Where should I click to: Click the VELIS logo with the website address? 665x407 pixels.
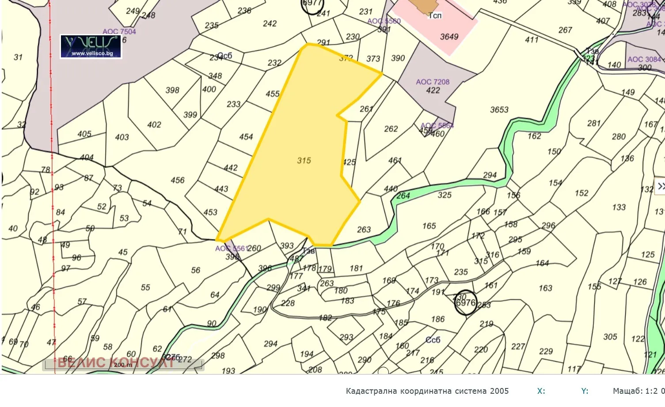pyautogui.click(x=91, y=46)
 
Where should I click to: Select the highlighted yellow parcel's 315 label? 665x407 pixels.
pyautogui.click(x=304, y=161)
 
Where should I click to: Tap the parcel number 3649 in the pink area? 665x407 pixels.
pyautogui.click(x=449, y=37)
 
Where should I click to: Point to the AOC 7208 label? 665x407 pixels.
pyautogui.click(x=432, y=82)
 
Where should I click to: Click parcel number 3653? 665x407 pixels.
pyautogui.click(x=499, y=109)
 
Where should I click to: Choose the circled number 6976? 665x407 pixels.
pyautogui.click(x=466, y=303)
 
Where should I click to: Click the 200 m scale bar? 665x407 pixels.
pyautogui.click(x=123, y=365)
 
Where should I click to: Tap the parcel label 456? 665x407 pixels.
pyautogui.click(x=178, y=180)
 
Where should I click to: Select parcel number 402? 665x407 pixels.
pyautogui.click(x=154, y=125)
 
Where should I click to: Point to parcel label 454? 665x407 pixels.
pyautogui.click(x=246, y=137)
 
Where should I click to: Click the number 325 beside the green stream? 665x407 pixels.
pyautogui.click(x=445, y=195)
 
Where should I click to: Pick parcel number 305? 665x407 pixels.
pyautogui.click(x=610, y=337)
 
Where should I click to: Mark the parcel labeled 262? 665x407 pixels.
pyautogui.click(x=391, y=129)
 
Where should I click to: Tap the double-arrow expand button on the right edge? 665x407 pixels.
pyautogui.click(x=661, y=186)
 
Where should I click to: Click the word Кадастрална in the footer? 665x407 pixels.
pyautogui.click(x=371, y=391)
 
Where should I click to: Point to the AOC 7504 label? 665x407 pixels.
pyautogui.click(x=119, y=31)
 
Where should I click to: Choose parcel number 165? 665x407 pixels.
pyautogui.click(x=429, y=226)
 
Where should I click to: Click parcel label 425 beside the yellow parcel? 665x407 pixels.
pyautogui.click(x=349, y=162)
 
